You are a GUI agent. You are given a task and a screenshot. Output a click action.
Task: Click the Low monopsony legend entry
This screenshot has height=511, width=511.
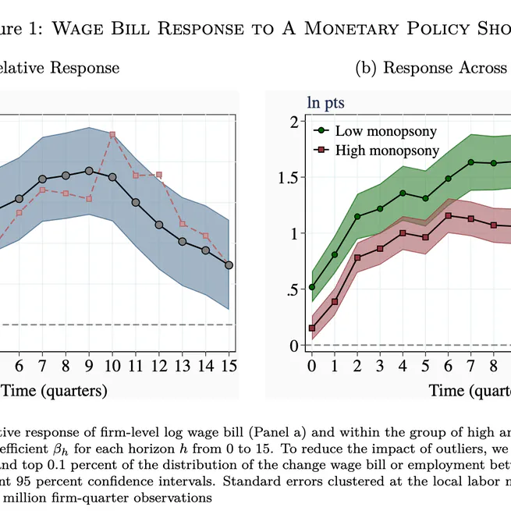coord(374,131)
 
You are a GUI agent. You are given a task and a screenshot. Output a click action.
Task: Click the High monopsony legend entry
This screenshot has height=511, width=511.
coord(376,151)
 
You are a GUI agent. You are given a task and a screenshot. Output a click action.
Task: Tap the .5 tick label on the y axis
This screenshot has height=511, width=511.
coord(293,289)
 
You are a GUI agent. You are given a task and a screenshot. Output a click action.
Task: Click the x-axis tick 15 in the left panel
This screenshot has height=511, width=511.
coord(229,365)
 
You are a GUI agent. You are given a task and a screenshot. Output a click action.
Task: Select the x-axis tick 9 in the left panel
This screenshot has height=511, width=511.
coord(89,365)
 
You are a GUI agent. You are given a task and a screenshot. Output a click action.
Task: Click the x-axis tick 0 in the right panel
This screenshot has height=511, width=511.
coord(312,365)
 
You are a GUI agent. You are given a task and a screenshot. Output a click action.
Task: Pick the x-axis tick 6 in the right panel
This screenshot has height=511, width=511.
coord(448,365)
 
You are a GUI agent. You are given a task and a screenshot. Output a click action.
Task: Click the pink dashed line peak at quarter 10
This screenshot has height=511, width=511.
coord(112,134)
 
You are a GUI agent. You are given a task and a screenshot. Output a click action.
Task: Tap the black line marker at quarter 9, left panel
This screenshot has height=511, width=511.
coord(89,171)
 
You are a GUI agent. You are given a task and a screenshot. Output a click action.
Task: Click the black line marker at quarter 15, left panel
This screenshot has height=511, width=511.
coord(229,265)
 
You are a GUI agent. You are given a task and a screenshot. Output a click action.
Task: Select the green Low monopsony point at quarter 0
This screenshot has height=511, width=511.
coord(312,287)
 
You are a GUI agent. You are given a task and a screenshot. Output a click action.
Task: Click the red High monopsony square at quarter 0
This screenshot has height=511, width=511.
coord(312,328)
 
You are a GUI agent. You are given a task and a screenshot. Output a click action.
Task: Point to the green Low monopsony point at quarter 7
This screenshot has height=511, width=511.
coord(470,162)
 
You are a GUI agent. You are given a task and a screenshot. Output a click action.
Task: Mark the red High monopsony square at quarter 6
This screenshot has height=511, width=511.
coord(448,215)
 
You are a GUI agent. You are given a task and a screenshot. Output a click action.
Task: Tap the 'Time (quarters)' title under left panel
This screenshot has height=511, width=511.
coord(53,390)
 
